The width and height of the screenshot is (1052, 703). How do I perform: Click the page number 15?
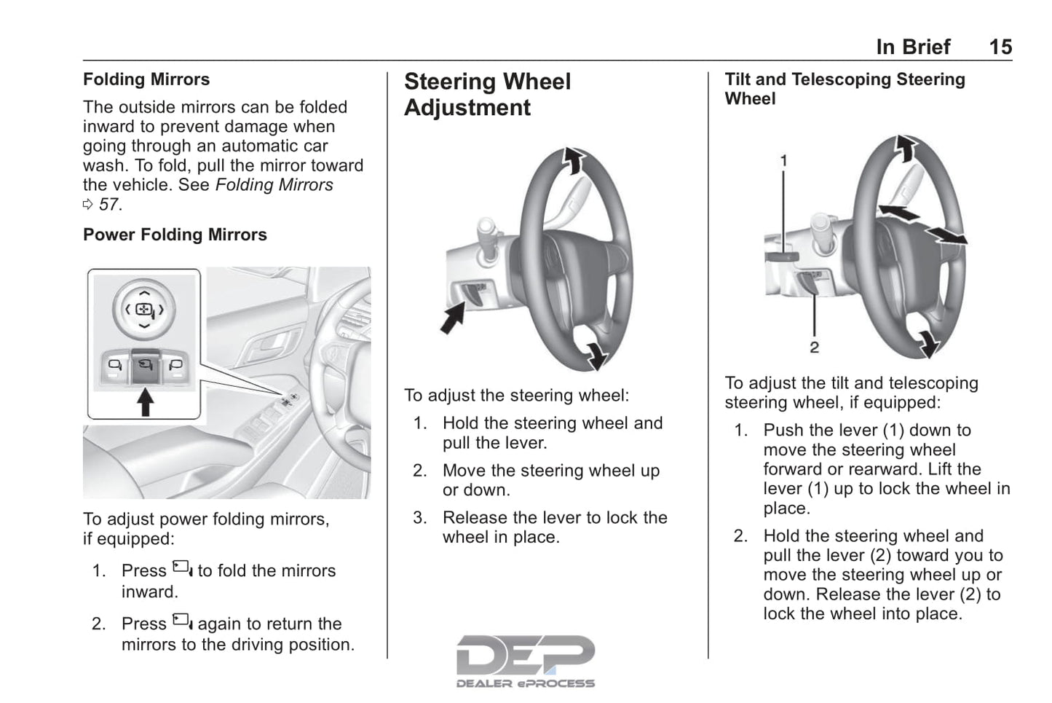click(x=1000, y=47)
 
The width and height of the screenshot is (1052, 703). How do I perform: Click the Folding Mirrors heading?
click(x=146, y=79)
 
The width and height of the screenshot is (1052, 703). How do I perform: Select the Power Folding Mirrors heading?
click(x=175, y=235)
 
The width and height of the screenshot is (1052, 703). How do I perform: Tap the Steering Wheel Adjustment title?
click(x=488, y=95)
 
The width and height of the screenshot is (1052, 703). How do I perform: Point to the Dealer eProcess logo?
click(x=526, y=661)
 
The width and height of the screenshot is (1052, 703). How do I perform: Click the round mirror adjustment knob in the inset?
click(x=144, y=310)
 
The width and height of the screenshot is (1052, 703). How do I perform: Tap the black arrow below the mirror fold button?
click(x=145, y=402)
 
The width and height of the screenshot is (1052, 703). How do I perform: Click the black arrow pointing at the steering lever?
click(x=453, y=318)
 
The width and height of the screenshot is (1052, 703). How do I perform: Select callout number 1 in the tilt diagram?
click(x=783, y=161)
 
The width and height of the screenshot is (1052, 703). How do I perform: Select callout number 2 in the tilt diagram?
click(x=815, y=347)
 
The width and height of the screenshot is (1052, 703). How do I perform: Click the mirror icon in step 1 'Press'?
click(x=182, y=568)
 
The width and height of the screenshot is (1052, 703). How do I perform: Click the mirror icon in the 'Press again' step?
click(x=182, y=621)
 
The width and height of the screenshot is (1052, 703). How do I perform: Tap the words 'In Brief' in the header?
click(x=913, y=47)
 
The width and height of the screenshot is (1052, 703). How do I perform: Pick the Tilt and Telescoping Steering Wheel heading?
click(x=845, y=89)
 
